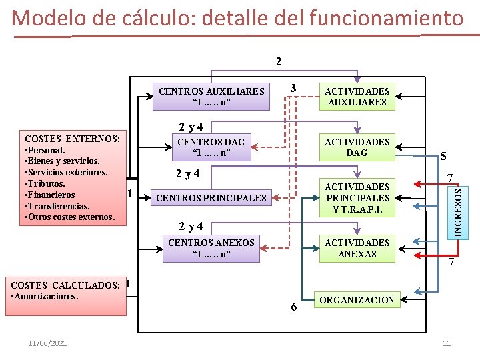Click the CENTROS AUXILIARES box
pyautogui.click(x=211, y=97)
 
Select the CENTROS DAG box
pyautogui.click(x=211, y=147)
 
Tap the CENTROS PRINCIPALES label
pyautogui.click(x=211, y=198)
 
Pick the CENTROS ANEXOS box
pyautogui.click(x=211, y=248)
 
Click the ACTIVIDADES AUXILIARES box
pyautogui.click(x=357, y=97)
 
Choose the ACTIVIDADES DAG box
pyautogui.click(x=357, y=147)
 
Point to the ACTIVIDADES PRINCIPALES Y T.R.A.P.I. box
pyautogui.click(x=357, y=198)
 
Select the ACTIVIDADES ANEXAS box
pyautogui.click(x=357, y=248)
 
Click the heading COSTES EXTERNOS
pyautogui.click(x=72, y=139)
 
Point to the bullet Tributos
pyautogui.click(x=45, y=183)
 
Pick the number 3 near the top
pyautogui.click(x=293, y=89)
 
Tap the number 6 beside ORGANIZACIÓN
pyautogui.click(x=294, y=307)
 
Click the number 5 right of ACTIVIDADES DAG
pyautogui.click(x=443, y=158)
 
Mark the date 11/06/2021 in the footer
pyautogui.click(x=47, y=343)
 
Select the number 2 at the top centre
pyautogui.click(x=279, y=62)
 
